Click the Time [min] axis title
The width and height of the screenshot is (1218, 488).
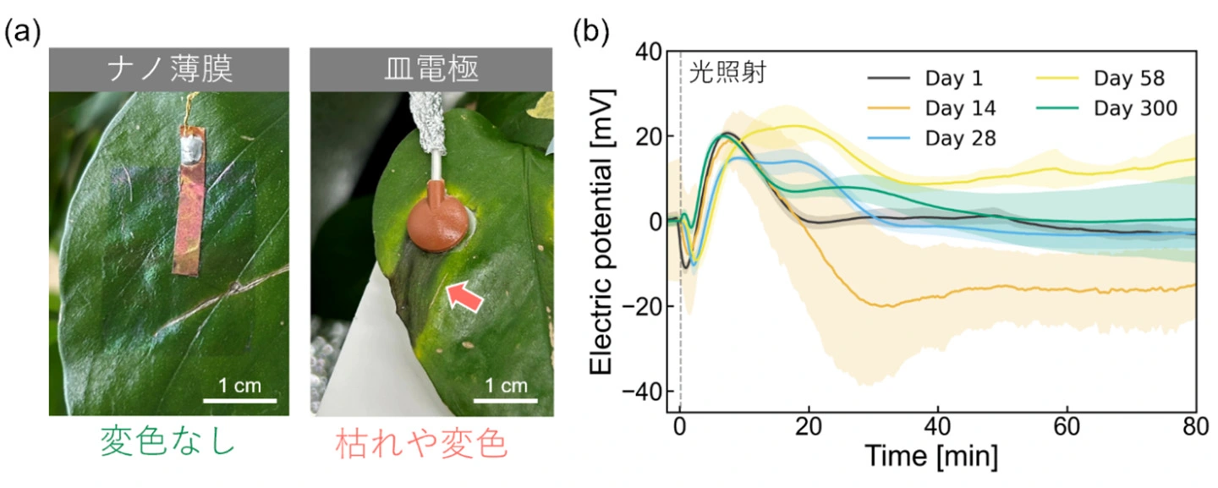930,458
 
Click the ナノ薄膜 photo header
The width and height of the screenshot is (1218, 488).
169,69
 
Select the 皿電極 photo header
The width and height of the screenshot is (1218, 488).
431,69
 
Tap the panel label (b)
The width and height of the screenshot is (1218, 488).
590,31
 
